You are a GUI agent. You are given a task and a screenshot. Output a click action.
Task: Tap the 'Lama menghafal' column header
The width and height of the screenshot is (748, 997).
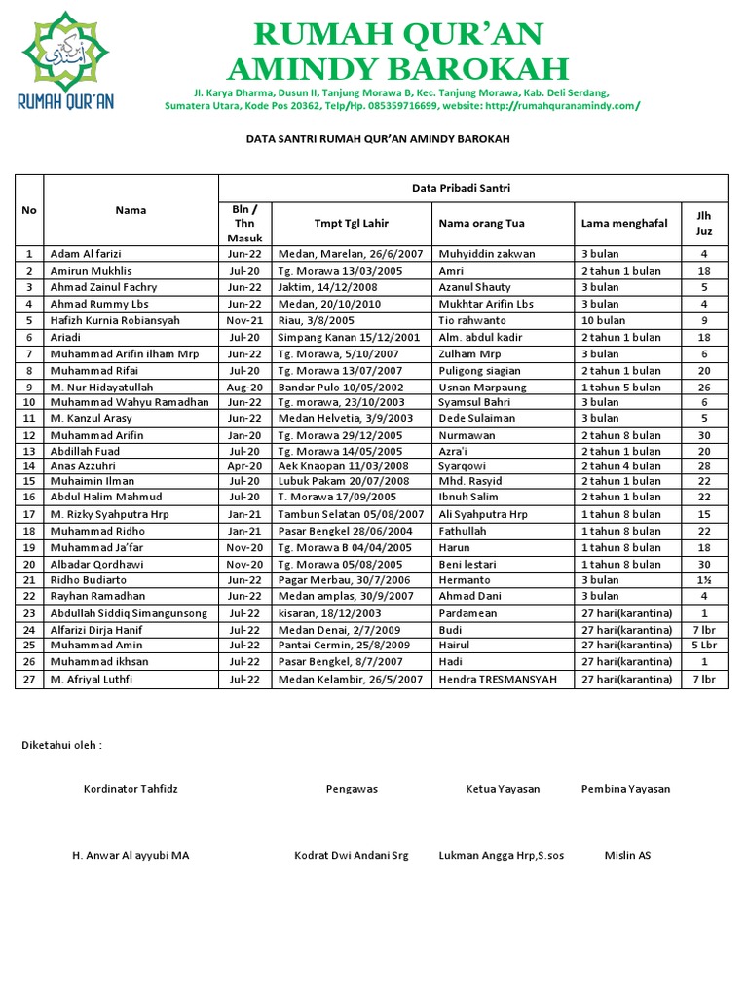623,223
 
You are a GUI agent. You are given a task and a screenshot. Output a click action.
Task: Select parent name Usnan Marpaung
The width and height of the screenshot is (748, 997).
483,387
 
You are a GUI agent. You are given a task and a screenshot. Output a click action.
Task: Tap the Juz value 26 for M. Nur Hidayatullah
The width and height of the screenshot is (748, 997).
703,387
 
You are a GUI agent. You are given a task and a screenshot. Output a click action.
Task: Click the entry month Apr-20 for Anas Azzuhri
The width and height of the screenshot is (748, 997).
244,466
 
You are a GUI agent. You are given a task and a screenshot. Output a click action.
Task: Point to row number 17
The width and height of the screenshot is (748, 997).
29,514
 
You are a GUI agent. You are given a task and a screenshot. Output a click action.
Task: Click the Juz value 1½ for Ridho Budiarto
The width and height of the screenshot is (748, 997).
703,579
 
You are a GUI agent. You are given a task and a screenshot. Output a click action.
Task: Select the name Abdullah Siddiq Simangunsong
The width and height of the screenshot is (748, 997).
129,613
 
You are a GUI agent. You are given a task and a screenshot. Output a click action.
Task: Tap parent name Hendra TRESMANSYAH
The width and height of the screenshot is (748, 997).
498,679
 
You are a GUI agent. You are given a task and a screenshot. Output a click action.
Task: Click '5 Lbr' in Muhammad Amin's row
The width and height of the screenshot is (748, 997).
703,646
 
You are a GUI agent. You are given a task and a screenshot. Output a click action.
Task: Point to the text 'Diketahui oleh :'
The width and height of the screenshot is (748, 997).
61,745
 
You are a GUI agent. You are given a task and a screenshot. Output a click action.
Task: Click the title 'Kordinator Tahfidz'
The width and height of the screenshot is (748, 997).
131,789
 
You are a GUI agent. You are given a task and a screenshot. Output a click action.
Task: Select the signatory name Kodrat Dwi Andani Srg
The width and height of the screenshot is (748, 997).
352,855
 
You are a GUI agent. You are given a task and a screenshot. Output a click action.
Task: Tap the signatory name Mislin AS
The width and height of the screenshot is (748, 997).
627,855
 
